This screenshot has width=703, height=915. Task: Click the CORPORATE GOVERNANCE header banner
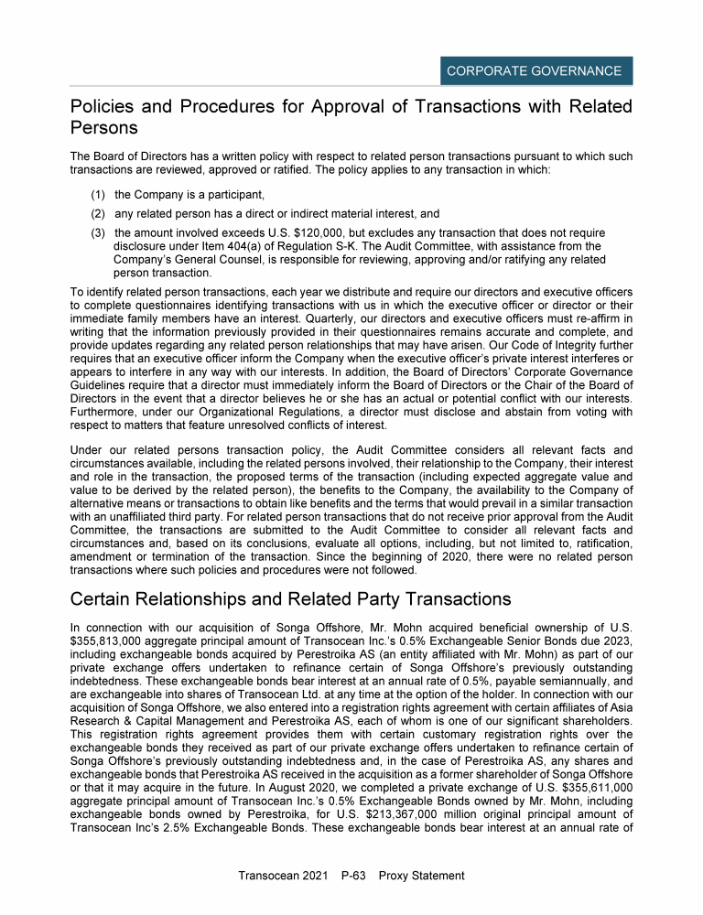(534, 70)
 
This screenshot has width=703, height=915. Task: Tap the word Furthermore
(110, 412)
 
